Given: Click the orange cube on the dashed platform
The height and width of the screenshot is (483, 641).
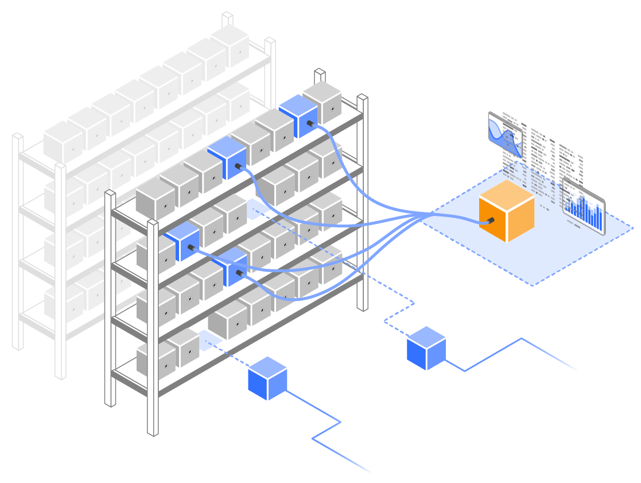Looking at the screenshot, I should click(x=506, y=211).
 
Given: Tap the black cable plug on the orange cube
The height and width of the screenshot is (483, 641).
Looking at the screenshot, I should click(x=490, y=221).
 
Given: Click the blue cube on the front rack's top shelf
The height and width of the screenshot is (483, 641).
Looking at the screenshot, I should click(x=298, y=116).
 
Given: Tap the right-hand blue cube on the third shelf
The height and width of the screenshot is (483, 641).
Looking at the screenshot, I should click(x=230, y=266).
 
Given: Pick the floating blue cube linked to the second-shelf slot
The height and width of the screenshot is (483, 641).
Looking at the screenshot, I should click(x=426, y=348).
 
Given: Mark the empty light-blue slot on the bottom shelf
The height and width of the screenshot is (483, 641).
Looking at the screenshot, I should click(x=209, y=340).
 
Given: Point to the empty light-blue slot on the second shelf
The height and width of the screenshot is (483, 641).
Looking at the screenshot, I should click(x=254, y=209).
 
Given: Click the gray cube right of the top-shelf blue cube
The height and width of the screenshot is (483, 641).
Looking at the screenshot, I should click(x=323, y=102).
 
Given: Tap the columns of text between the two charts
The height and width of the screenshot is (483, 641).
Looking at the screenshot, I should click(x=542, y=155).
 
